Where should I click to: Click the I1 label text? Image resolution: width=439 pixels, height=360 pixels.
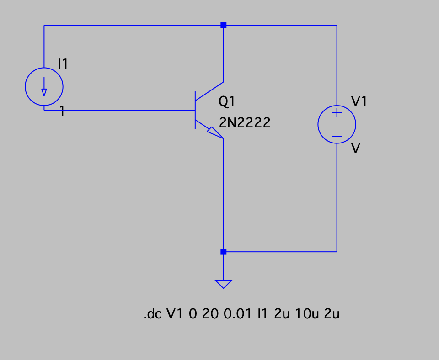pyautogui.click(x=63, y=64)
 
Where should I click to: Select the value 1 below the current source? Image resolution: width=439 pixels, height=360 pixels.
pyautogui.click(x=62, y=111)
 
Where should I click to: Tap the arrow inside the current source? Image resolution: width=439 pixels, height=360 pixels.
pyautogui.click(x=44, y=87)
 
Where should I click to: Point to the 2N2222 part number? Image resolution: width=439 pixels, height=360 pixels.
pyautogui.click(x=245, y=122)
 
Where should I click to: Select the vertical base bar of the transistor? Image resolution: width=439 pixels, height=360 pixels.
pyautogui.click(x=195, y=110)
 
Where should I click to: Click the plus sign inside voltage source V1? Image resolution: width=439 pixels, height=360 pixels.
pyautogui.click(x=337, y=113)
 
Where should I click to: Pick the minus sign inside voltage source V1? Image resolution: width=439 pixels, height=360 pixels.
pyautogui.click(x=337, y=136)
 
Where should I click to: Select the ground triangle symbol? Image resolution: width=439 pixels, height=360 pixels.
pyautogui.click(x=223, y=284)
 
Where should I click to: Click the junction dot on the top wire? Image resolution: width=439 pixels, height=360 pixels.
pyautogui.click(x=223, y=26)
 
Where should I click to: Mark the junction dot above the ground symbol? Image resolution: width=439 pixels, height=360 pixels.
pyautogui.click(x=223, y=252)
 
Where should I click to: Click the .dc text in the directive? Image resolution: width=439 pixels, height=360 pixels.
pyautogui.click(x=153, y=314)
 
